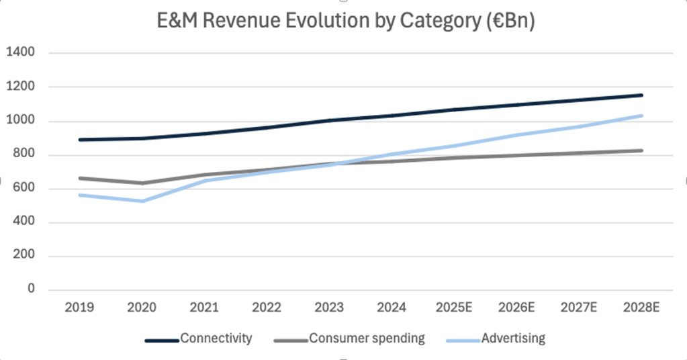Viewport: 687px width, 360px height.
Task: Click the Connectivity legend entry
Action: coord(216,339)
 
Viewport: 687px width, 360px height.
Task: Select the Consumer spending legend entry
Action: coord(367,339)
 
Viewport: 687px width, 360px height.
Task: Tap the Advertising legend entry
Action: coord(513,339)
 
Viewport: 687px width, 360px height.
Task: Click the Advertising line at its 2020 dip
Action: coord(142,201)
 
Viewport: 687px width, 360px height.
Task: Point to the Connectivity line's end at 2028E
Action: coord(642,95)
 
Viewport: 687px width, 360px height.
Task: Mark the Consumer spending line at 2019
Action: coord(79,178)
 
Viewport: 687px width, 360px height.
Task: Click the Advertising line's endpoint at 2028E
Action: coord(642,116)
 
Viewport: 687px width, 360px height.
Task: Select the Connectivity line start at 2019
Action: coord(79,140)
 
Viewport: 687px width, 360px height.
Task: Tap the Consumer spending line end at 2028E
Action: coord(642,150)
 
